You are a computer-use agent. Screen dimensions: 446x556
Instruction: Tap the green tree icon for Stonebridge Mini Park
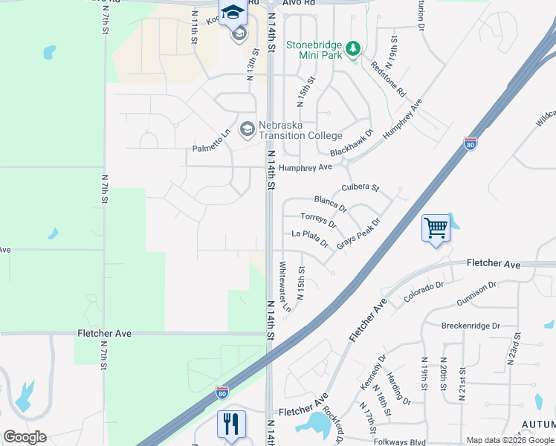355,49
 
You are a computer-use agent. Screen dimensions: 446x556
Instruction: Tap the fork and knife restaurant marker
230,424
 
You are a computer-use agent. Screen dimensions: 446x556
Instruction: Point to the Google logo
25,437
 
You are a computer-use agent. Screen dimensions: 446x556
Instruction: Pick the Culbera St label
361,188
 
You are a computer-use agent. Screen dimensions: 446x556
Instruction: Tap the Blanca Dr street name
330,202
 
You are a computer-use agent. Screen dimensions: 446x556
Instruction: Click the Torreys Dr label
318,219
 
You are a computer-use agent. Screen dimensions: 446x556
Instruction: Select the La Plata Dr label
310,237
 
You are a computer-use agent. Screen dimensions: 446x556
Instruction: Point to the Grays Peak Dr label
358,233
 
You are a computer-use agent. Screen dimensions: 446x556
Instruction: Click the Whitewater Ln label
283,287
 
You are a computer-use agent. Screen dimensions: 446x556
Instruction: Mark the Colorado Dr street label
424,292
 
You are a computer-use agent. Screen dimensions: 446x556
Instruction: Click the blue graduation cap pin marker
232,13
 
